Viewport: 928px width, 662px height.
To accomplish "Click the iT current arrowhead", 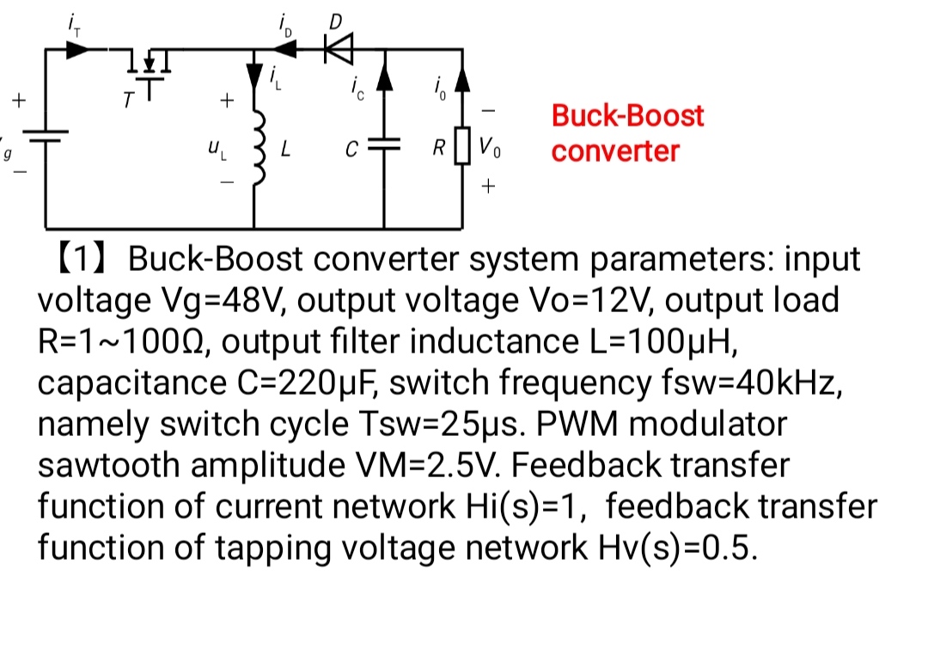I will click(x=77, y=49).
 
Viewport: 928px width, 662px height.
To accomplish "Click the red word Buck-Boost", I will click(x=627, y=115).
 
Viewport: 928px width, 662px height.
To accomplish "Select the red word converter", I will click(x=615, y=151).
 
